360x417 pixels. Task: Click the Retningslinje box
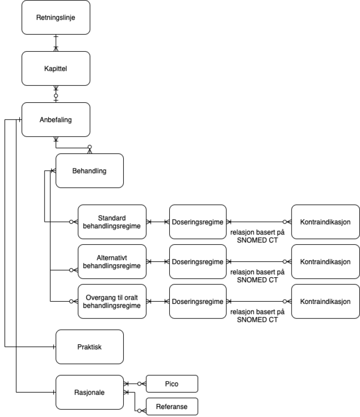(x=56, y=18)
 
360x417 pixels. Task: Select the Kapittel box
(x=56, y=68)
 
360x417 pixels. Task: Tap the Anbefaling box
(x=56, y=120)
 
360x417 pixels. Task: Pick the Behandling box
(x=90, y=171)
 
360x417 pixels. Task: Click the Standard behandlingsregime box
(x=112, y=222)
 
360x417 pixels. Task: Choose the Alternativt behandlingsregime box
(x=112, y=262)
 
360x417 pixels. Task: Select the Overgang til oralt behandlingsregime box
(x=112, y=302)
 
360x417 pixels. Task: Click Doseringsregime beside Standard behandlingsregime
(x=197, y=222)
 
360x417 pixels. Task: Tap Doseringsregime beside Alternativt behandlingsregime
(x=197, y=262)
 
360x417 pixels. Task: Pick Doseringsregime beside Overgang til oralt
(x=197, y=302)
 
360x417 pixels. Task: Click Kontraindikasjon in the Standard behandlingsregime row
(x=325, y=222)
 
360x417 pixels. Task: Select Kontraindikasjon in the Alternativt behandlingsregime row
(x=325, y=262)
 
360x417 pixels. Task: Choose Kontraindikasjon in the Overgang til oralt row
(x=325, y=302)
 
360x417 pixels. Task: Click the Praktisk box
(x=90, y=347)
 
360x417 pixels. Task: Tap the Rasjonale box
(x=90, y=392)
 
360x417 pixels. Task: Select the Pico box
(x=172, y=384)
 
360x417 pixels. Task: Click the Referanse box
(x=172, y=407)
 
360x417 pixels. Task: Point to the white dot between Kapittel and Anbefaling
(x=56, y=96)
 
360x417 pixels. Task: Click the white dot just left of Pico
(x=139, y=384)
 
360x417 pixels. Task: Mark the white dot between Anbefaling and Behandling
(x=90, y=147)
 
